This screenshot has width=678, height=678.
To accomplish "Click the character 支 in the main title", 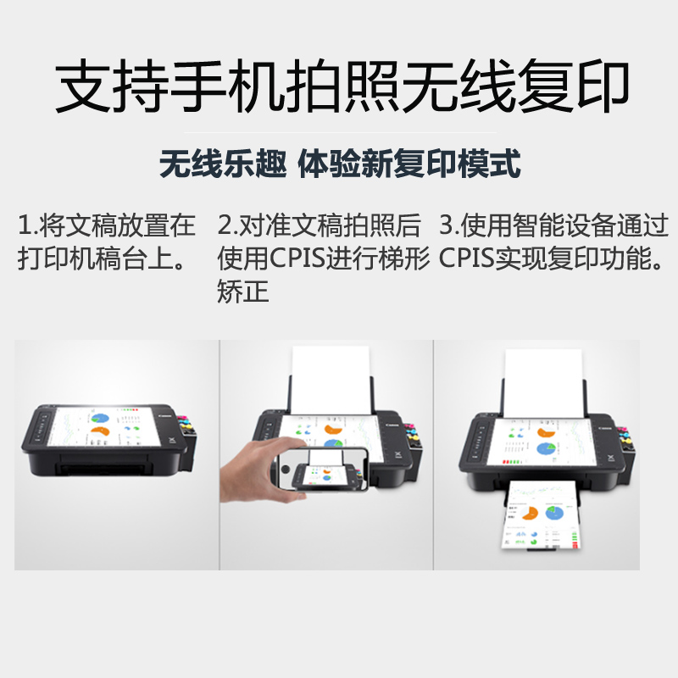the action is tap(82, 86).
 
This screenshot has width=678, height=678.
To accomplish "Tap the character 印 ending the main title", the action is tap(603, 86).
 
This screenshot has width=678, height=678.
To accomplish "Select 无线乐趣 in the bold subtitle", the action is tap(223, 164).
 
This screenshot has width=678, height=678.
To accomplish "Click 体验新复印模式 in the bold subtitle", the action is tap(409, 164).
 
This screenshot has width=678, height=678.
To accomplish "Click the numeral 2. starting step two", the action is tap(227, 225).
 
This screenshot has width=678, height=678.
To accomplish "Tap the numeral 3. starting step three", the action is tap(449, 225).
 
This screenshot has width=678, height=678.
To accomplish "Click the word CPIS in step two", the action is tap(297, 258).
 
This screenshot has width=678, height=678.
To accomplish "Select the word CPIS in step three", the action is tap(467, 258).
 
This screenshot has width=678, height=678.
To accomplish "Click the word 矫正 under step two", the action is tap(243, 291).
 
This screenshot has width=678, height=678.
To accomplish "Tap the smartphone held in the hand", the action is tap(322, 470).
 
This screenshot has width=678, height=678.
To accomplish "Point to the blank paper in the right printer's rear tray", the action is tap(543, 383).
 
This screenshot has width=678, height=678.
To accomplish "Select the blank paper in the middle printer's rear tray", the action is tap(331, 381).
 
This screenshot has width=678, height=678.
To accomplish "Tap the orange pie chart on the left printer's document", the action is tap(100, 431).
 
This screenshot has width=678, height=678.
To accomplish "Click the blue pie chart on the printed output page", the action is tap(554, 513).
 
